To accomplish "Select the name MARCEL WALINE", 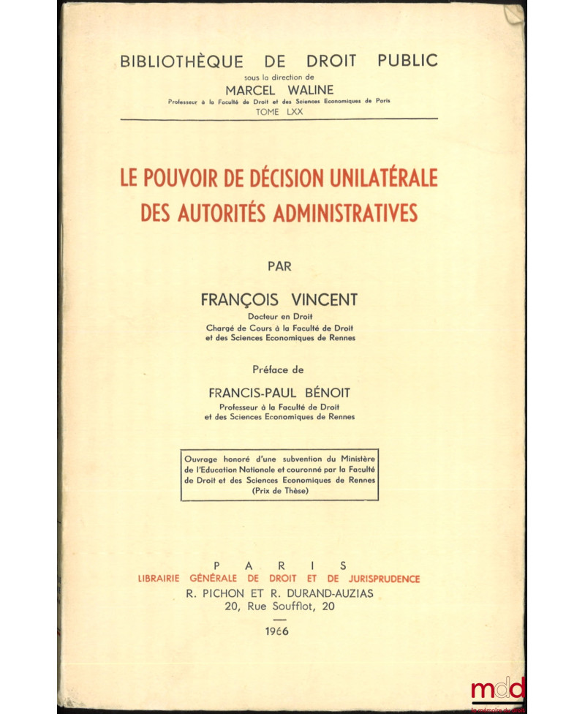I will point(279,90).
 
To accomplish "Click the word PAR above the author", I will point(280,266).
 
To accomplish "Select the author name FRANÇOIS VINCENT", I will point(280,301).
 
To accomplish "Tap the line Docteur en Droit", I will point(280,316).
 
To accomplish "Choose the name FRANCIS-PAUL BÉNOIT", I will point(280,392).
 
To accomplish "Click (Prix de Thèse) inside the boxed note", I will point(280,492).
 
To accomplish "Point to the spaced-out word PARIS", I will point(279,565).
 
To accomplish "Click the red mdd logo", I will point(498,689).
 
